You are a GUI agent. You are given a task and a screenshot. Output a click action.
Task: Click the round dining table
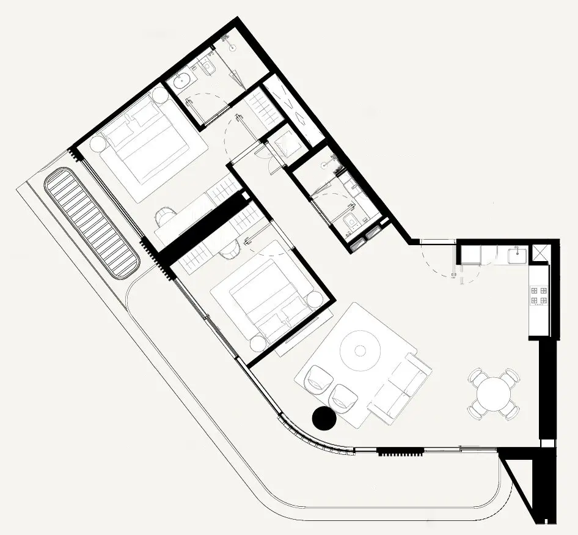[x=495, y=394]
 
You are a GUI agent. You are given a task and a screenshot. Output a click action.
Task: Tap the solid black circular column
[x=324, y=418]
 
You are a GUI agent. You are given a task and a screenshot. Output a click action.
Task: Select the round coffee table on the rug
[x=360, y=350]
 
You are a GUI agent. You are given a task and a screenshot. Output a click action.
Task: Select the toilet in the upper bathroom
[x=207, y=67]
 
